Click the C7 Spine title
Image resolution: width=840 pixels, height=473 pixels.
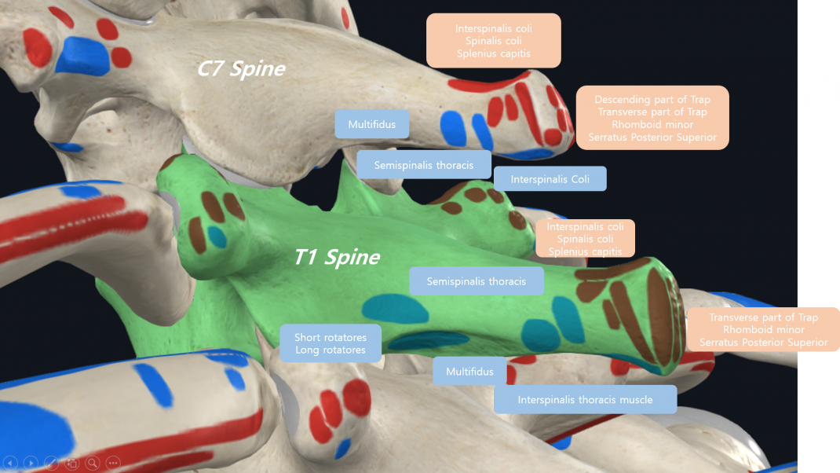pos(241,68)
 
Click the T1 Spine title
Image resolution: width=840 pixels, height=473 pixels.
pos(337,258)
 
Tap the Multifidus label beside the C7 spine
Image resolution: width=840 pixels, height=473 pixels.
pos(372,124)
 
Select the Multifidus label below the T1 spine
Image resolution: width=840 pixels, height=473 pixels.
pos(469,371)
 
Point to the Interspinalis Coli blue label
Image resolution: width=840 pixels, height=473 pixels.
pos(550,179)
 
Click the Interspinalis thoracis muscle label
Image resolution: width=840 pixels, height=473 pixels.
pos(585,399)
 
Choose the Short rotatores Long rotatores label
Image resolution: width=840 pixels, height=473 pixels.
pos(331,343)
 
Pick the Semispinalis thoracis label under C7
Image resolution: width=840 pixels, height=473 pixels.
pos(424,165)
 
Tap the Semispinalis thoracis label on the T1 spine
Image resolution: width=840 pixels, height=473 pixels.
pos(477,281)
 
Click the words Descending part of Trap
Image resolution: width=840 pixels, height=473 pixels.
pos(652,99)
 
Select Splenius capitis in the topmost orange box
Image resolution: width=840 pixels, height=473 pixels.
pos(493,53)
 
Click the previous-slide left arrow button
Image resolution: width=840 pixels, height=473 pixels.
pos(10,462)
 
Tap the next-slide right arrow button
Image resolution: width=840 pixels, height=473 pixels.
pos(31,462)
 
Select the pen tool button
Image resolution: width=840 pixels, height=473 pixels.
pos(52,462)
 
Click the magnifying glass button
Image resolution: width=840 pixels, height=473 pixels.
pos(93,462)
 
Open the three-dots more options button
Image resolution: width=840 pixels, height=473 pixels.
pos(113,462)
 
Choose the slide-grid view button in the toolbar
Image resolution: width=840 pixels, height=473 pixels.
pos(71,462)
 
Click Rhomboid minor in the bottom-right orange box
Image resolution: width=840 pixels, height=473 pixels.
pos(763,330)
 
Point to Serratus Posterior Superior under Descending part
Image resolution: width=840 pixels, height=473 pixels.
pos(652,137)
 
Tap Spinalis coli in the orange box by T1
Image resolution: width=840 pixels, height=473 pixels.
pos(585,239)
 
